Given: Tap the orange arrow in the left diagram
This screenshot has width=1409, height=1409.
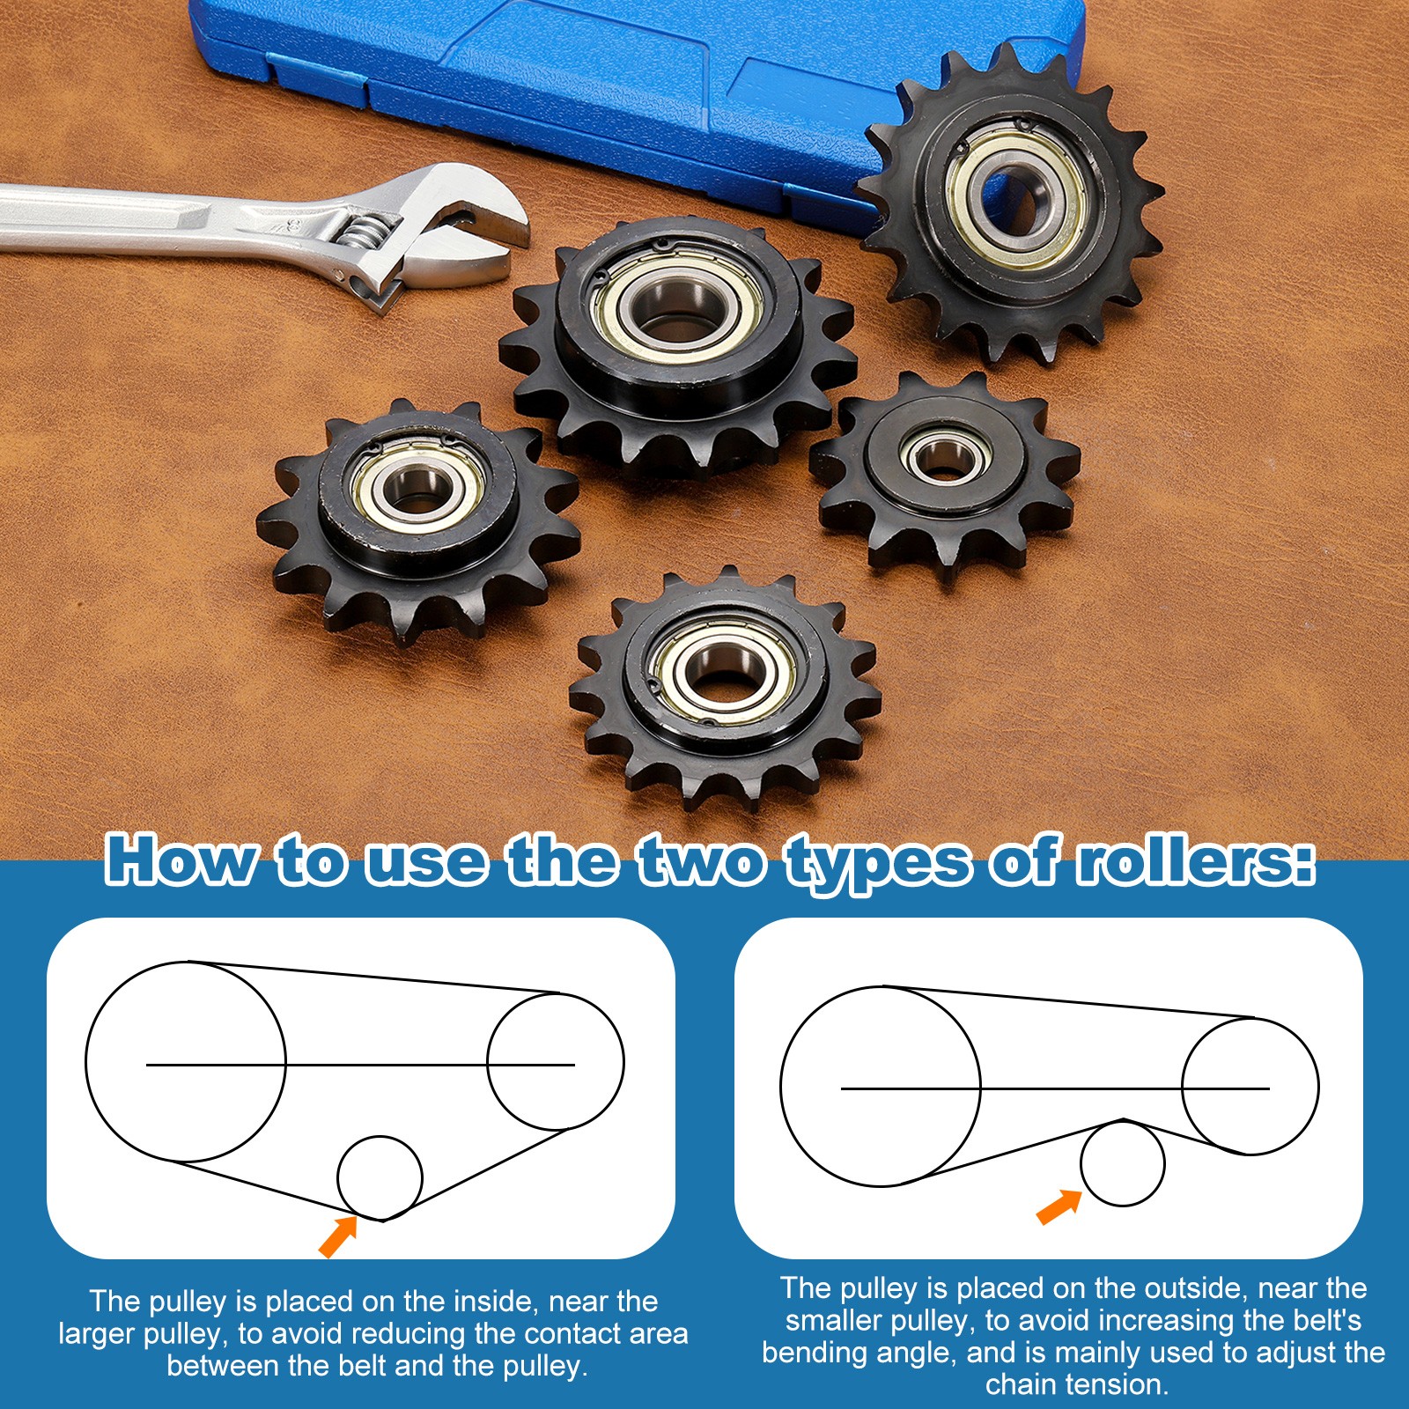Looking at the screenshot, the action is [x=338, y=1235].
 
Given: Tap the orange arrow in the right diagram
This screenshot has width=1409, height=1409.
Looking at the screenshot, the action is [x=1059, y=1206].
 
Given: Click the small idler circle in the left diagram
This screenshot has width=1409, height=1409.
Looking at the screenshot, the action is [x=380, y=1177].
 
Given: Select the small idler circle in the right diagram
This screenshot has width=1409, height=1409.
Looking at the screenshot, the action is [x=1123, y=1164].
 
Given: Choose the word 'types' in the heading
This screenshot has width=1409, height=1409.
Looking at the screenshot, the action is [x=881, y=865].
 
